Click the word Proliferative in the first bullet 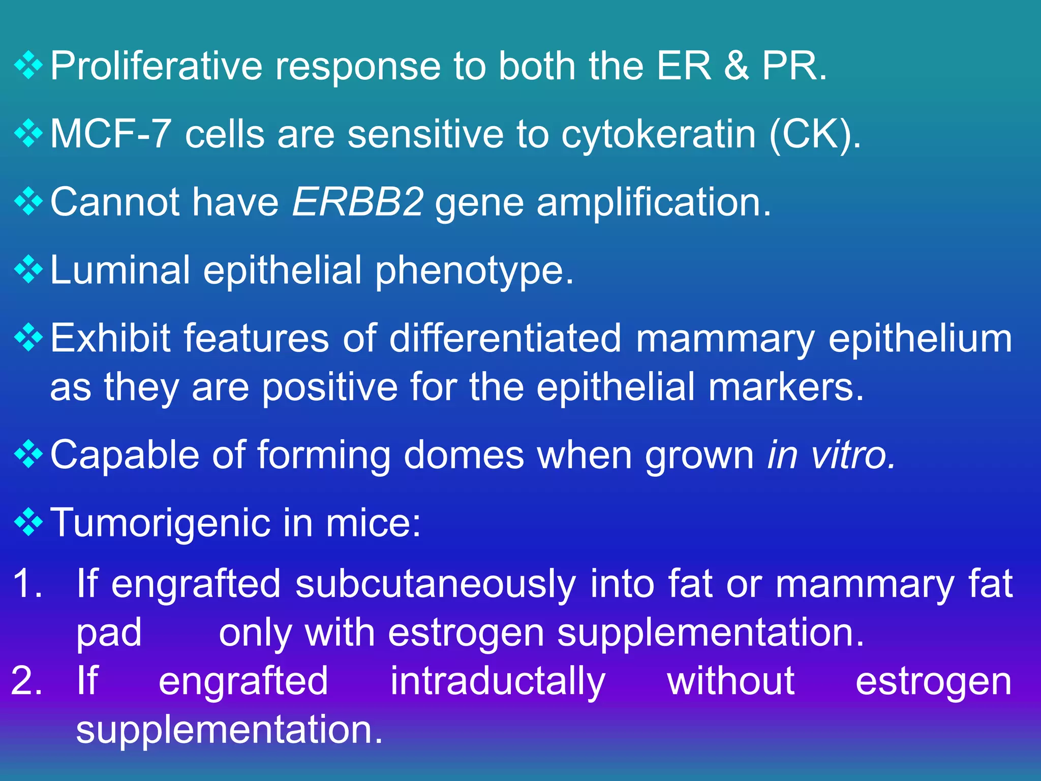(155, 66)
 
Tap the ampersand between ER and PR (736, 66)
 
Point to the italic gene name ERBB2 (357, 202)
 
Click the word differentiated (505, 338)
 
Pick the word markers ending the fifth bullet (785, 387)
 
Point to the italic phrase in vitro (831, 455)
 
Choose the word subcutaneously (436, 584)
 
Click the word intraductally (498, 682)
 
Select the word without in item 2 (730, 681)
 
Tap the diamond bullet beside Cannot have (28, 201)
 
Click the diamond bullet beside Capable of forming (28, 454)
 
